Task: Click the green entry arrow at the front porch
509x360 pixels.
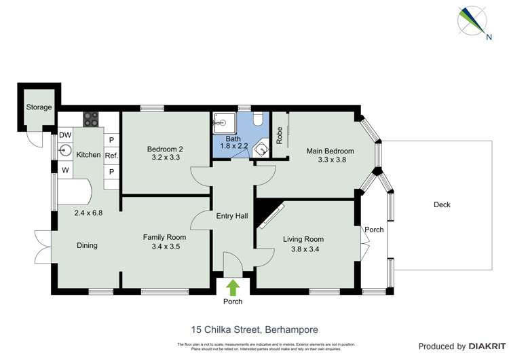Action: pos(233,286)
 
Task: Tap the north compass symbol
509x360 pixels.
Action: pos(474,20)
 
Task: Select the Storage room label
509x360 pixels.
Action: pos(39,107)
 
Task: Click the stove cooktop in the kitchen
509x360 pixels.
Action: pos(91,118)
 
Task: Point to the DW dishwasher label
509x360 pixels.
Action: pos(65,135)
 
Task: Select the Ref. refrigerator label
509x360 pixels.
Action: pos(111,155)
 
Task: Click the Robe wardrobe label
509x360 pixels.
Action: pos(279,134)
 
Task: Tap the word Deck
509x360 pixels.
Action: pos(442,204)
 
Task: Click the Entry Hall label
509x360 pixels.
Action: pos(231,216)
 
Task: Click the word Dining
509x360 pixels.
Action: pos(87,245)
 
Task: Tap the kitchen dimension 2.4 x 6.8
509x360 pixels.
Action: pos(88,213)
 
